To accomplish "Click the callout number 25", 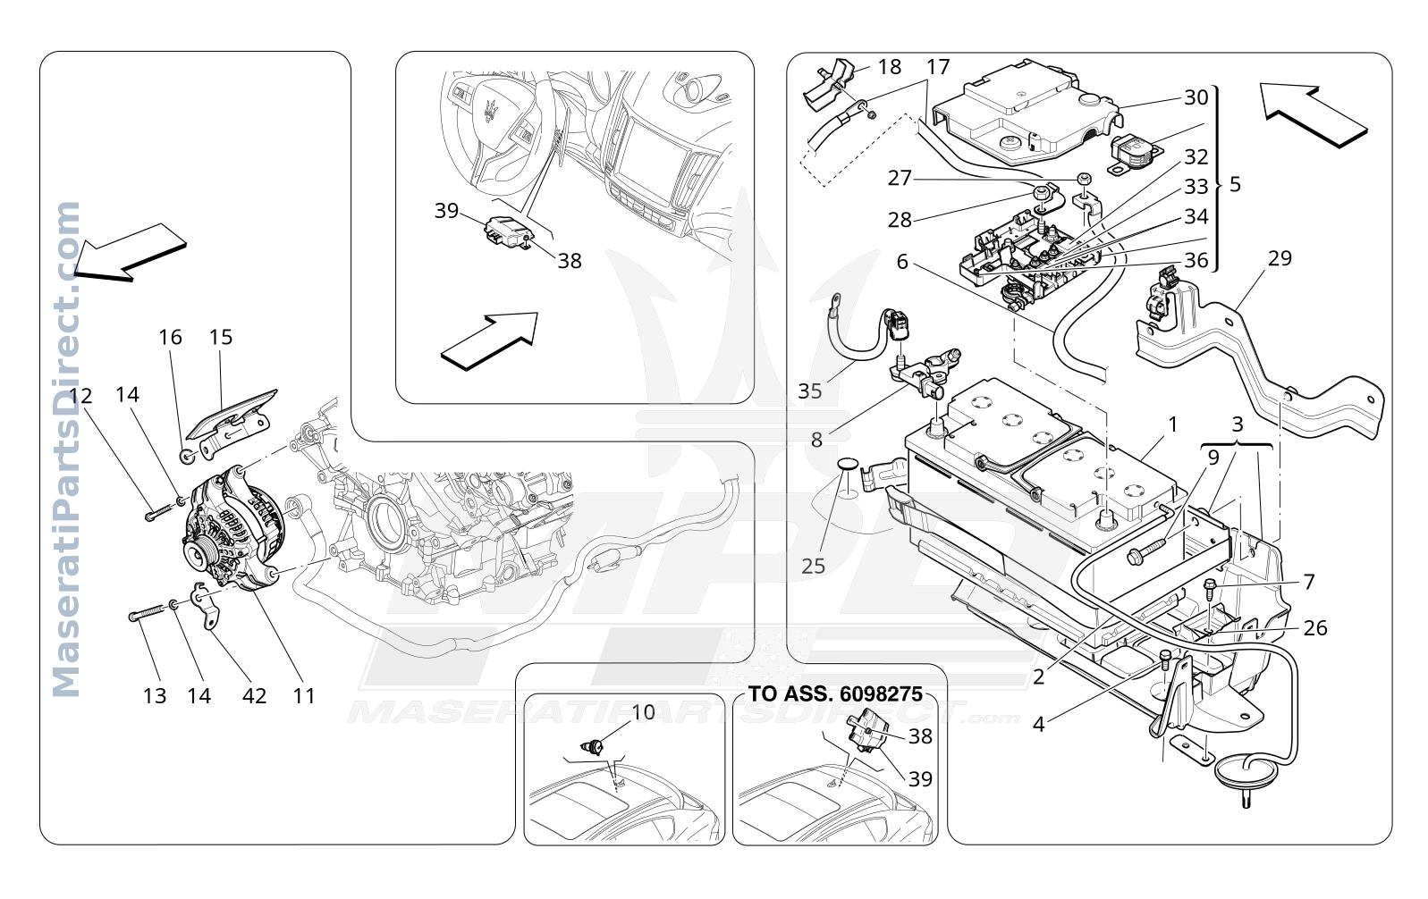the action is pyautogui.click(x=813, y=566).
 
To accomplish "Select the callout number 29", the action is pyautogui.click(x=1280, y=258).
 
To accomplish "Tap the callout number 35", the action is pyautogui.click(x=809, y=391).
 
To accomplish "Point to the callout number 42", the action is pyautogui.click(x=254, y=696).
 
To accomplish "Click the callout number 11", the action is pyautogui.click(x=303, y=696).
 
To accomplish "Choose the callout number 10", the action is pyautogui.click(x=643, y=712).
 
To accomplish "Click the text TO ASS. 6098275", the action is pyautogui.click(x=836, y=693).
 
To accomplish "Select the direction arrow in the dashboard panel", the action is pyautogui.click(x=490, y=340).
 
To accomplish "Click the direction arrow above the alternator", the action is pyautogui.click(x=131, y=252).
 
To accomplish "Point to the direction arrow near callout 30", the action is pyautogui.click(x=1314, y=116).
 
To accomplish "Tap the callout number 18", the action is pyautogui.click(x=890, y=67).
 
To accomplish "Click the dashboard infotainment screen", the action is pyautogui.click(x=654, y=158).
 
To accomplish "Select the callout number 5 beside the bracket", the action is pyautogui.click(x=1235, y=185).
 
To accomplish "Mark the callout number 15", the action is pyautogui.click(x=221, y=337).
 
